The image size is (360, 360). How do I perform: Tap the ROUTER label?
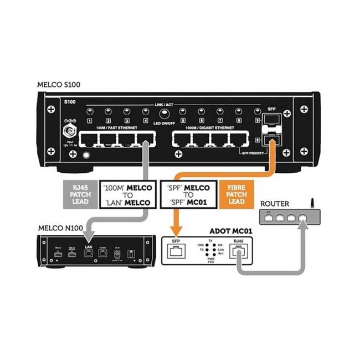[274, 204]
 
